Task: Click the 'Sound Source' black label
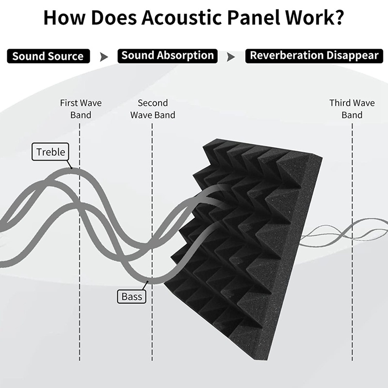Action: coord(48,56)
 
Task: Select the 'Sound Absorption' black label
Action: coord(167,56)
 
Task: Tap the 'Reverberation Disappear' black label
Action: coord(314,56)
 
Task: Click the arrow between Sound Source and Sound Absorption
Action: coord(104,57)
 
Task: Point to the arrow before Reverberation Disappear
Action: coord(231,57)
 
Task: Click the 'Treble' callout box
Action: coord(50,152)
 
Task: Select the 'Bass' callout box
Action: coord(131,296)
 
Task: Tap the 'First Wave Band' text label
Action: coord(81,109)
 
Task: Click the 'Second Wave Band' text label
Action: coord(153,109)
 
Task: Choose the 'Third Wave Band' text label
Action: coord(352,109)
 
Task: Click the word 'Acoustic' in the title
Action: coord(181,17)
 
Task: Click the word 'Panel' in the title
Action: coord(253,17)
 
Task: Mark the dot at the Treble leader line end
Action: coord(72,168)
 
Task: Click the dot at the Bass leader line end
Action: coord(147,282)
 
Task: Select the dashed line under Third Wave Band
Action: coord(352,242)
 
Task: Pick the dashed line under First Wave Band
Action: coord(80,242)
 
